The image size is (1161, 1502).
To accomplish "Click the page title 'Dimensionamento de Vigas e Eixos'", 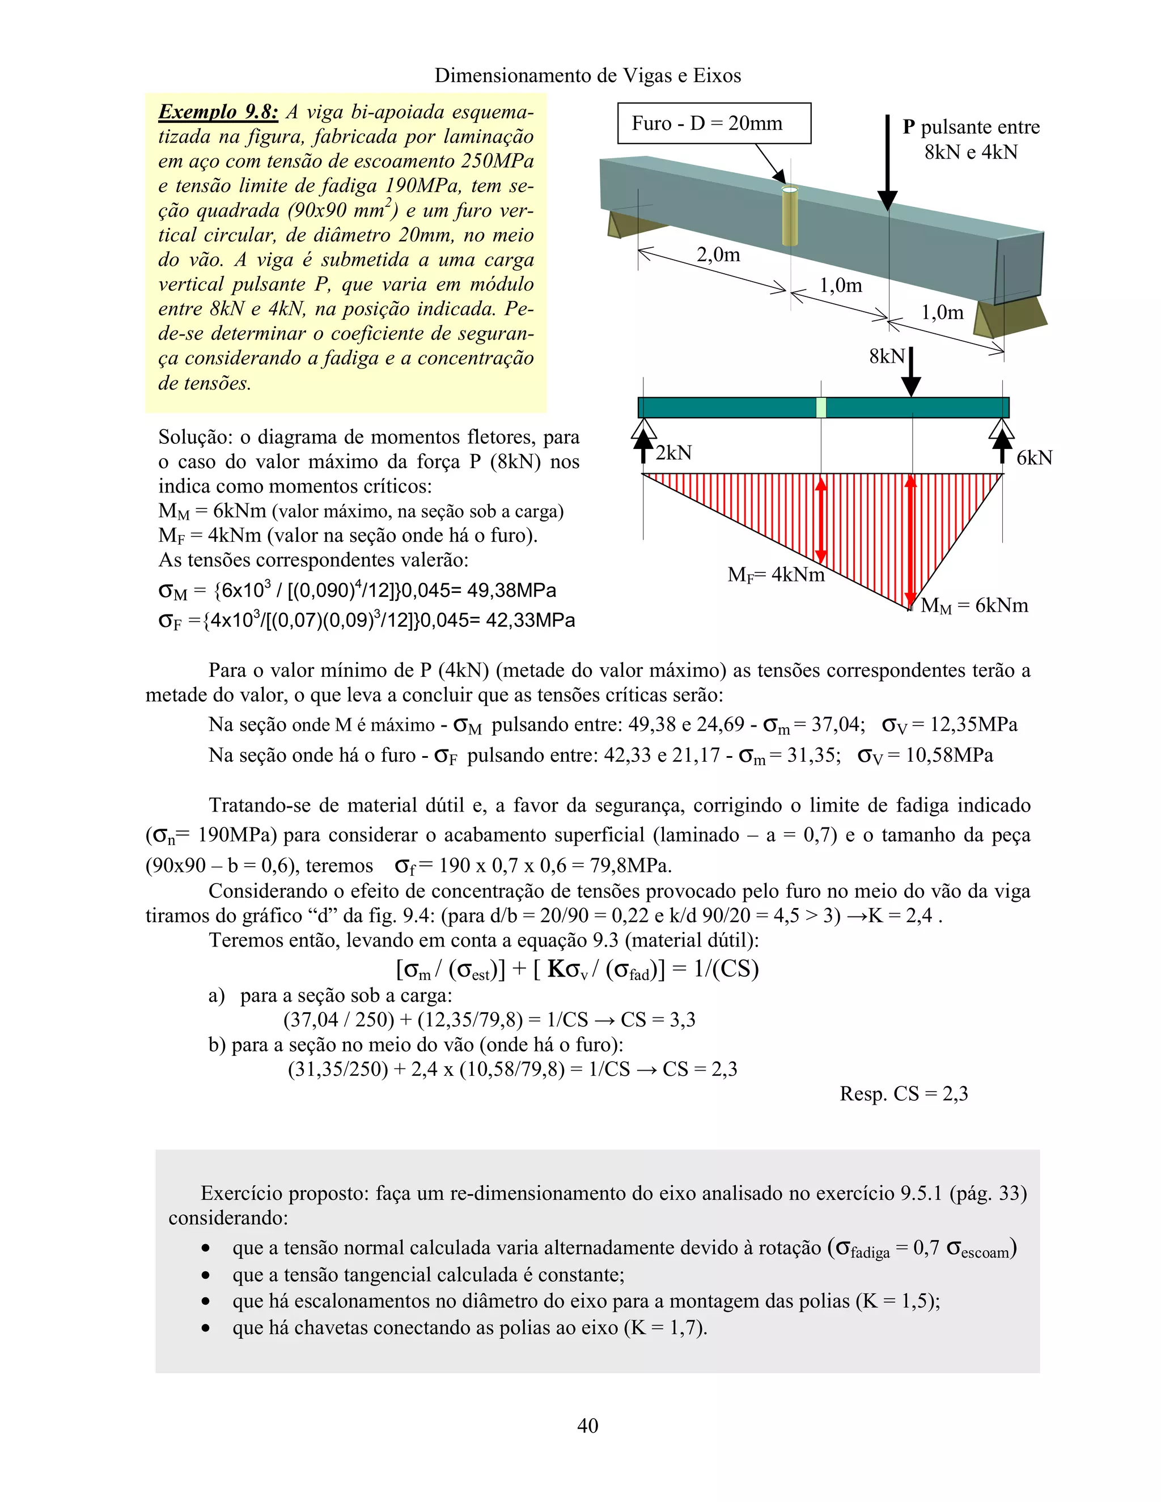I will tap(587, 75).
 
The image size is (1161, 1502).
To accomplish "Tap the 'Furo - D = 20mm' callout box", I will tap(713, 124).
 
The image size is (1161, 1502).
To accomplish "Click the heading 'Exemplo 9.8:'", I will tap(218, 112).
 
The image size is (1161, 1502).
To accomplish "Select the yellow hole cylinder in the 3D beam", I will tap(790, 216).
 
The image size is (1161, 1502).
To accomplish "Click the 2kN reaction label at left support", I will tap(673, 453).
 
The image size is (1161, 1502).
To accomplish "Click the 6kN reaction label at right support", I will tap(1034, 458).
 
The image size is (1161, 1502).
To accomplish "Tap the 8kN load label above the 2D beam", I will tap(887, 357).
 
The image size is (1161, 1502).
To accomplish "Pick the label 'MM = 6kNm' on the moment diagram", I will tap(974, 606).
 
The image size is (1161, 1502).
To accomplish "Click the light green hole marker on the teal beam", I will tap(820, 408).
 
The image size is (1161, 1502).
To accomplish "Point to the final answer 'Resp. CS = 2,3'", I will tap(903, 1093).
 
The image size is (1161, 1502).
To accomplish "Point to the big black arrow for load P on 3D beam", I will tap(887, 165).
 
